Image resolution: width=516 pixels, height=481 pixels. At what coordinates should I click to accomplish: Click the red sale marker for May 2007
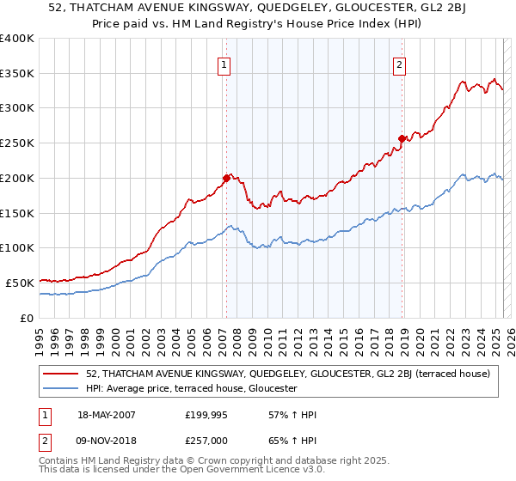[226, 179]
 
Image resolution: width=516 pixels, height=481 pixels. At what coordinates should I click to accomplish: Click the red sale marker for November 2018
[402, 138]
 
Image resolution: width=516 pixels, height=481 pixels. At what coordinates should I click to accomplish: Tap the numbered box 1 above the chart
[224, 63]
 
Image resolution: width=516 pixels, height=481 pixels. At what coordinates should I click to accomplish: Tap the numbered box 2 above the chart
[401, 63]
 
